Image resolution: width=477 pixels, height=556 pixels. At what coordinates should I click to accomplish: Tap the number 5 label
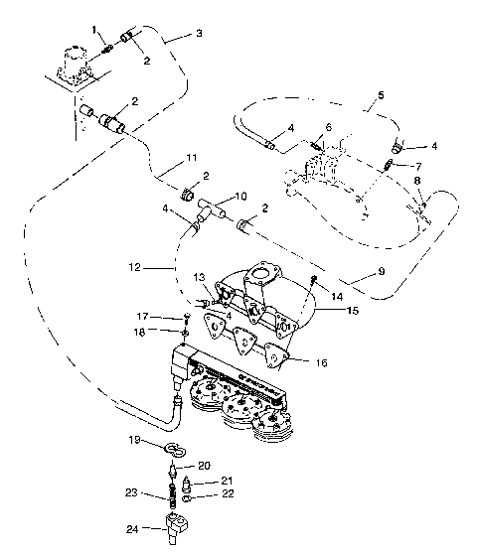380,97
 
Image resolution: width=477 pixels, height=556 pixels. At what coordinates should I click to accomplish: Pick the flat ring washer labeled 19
171,445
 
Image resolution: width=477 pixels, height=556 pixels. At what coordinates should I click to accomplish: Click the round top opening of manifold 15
263,273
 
